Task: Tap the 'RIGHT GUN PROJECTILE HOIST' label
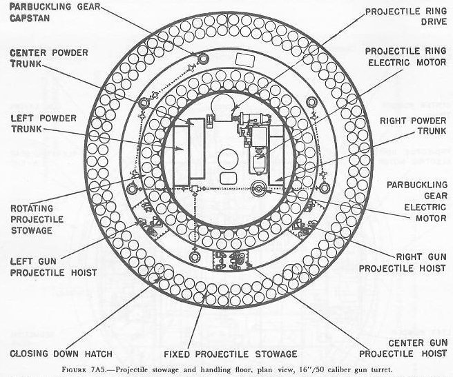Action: [409, 262]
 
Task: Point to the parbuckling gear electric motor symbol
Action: [260, 187]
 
